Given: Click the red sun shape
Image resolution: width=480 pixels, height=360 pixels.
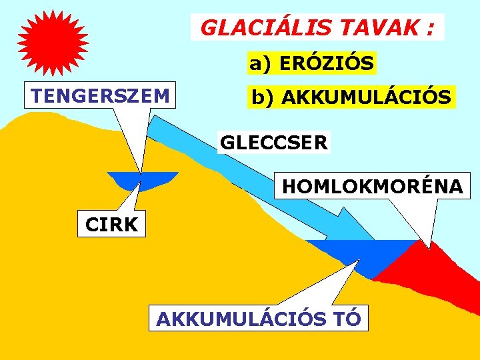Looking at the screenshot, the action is (53, 43).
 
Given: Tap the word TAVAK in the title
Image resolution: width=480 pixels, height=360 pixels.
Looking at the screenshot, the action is (381, 28).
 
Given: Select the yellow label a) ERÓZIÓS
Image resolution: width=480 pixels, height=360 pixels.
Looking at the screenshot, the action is (311, 63).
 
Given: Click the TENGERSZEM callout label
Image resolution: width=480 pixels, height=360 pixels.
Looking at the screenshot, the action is (100, 95).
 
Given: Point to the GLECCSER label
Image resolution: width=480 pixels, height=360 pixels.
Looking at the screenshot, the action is (273, 143).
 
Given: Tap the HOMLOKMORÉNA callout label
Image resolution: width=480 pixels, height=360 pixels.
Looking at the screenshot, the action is (372, 186).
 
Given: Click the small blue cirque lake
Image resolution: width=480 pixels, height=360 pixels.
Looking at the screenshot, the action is (143, 180).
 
